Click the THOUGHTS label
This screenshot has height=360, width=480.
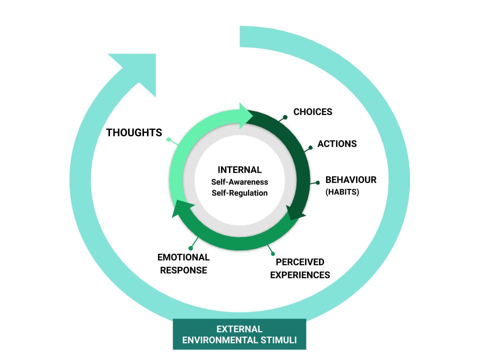(x=134, y=132)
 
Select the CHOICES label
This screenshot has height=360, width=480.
(x=313, y=111)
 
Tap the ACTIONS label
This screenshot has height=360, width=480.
(x=337, y=143)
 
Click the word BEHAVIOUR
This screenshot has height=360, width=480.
(x=351, y=179)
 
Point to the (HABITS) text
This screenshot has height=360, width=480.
(x=342, y=192)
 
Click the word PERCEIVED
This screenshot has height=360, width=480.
(x=300, y=262)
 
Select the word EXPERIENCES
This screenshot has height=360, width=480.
(x=300, y=275)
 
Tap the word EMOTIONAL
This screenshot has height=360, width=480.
(x=183, y=257)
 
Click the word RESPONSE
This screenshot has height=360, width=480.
(x=183, y=270)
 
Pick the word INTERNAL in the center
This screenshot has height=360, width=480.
(x=239, y=169)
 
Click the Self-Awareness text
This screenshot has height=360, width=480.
(x=239, y=182)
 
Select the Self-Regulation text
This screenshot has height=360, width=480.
(x=239, y=193)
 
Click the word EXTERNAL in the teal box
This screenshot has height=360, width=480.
(x=239, y=329)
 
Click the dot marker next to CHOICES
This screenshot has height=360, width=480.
(x=285, y=117)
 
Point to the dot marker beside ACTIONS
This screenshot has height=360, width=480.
(x=310, y=148)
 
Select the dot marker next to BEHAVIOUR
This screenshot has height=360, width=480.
(x=318, y=183)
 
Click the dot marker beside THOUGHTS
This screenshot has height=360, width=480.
(x=168, y=139)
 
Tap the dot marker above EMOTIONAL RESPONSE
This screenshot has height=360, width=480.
(x=190, y=248)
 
